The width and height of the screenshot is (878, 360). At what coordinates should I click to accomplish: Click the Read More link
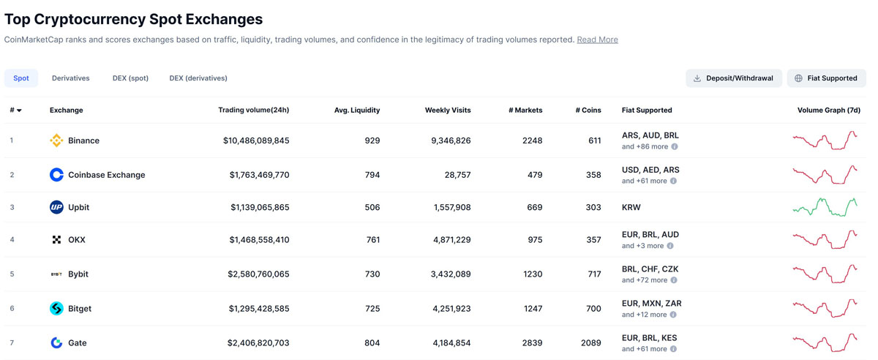pyautogui.click(x=597, y=40)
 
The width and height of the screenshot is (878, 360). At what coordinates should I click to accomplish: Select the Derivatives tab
pyautogui.click(x=70, y=78)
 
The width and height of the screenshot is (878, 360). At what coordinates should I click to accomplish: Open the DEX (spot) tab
pyautogui.click(x=130, y=78)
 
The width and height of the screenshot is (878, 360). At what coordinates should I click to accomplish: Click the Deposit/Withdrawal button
pyautogui.click(x=733, y=78)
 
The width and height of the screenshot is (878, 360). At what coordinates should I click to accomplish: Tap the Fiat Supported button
pyautogui.click(x=826, y=78)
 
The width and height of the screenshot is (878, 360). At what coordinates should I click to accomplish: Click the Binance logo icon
pyautogui.click(x=56, y=140)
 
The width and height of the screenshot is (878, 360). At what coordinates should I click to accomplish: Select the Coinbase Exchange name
pyautogui.click(x=106, y=175)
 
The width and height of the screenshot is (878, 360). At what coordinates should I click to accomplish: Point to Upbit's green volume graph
pyautogui.click(x=825, y=207)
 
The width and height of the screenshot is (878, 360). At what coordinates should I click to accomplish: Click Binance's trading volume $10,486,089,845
pyautogui.click(x=256, y=140)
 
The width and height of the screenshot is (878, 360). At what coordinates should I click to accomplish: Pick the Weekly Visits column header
pyautogui.click(x=448, y=110)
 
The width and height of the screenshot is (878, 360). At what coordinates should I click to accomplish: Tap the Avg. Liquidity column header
pyautogui.click(x=357, y=110)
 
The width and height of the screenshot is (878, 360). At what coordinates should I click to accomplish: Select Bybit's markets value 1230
pyautogui.click(x=532, y=274)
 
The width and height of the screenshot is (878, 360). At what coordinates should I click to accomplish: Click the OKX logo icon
pyautogui.click(x=56, y=240)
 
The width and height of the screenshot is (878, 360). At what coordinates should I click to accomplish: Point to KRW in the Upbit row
pyautogui.click(x=631, y=208)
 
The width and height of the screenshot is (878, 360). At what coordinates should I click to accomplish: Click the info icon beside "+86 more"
pyautogui.click(x=675, y=146)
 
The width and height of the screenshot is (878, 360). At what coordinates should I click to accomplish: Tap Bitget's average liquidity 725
pyautogui.click(x=372, y=309)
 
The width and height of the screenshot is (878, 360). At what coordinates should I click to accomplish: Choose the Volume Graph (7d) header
pyautogui.click(x=828, y=110)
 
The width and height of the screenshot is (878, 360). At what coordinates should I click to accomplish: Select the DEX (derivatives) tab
pyautogui.click(x=198, y=78)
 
